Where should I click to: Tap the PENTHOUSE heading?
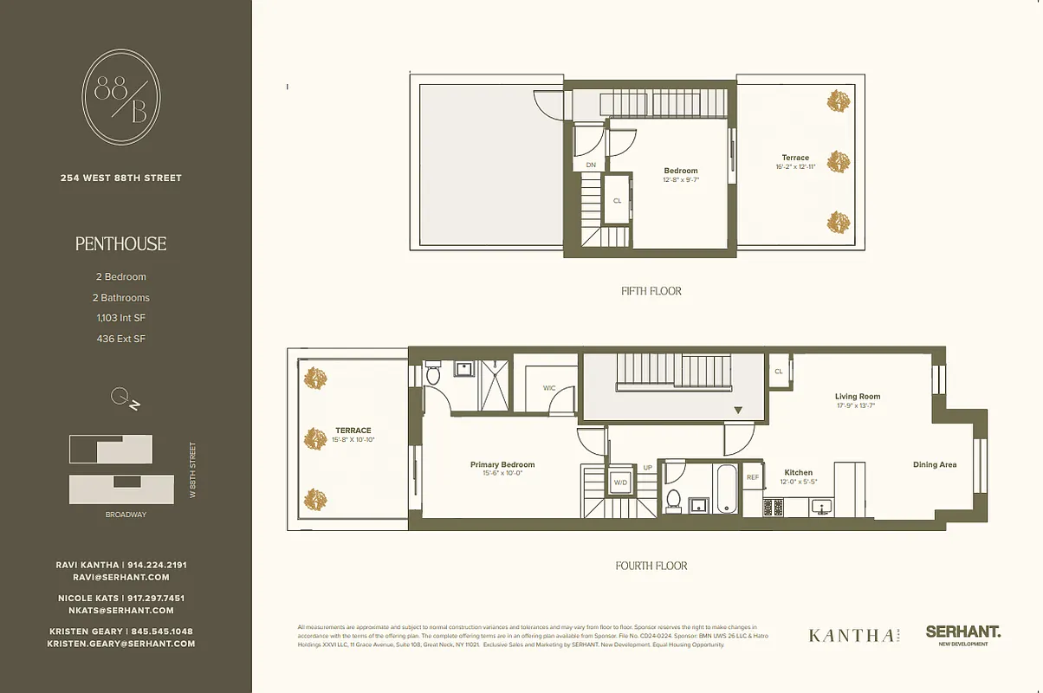coord(120,244)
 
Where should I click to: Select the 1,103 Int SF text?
coord(120,318)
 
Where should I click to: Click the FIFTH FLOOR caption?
coord(651,291)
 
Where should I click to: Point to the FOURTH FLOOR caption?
coord(651,566)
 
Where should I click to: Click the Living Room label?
coord(858,397)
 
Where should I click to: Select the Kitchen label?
coord(798,473)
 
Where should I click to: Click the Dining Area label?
coord(935,465)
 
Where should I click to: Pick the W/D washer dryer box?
coord(620,483)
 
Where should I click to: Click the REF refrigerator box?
coord(752,476)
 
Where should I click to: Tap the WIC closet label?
coord(549,388)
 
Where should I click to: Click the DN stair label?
coord(591,164)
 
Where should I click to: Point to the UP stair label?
coord(646,468)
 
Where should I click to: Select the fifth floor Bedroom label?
coord(680,171)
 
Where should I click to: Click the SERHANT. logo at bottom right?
coord(962,632)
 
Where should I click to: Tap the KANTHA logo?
coord(852,635)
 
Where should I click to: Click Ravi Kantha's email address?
coord(120,577)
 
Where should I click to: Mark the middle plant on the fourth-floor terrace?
coord(315,438)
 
